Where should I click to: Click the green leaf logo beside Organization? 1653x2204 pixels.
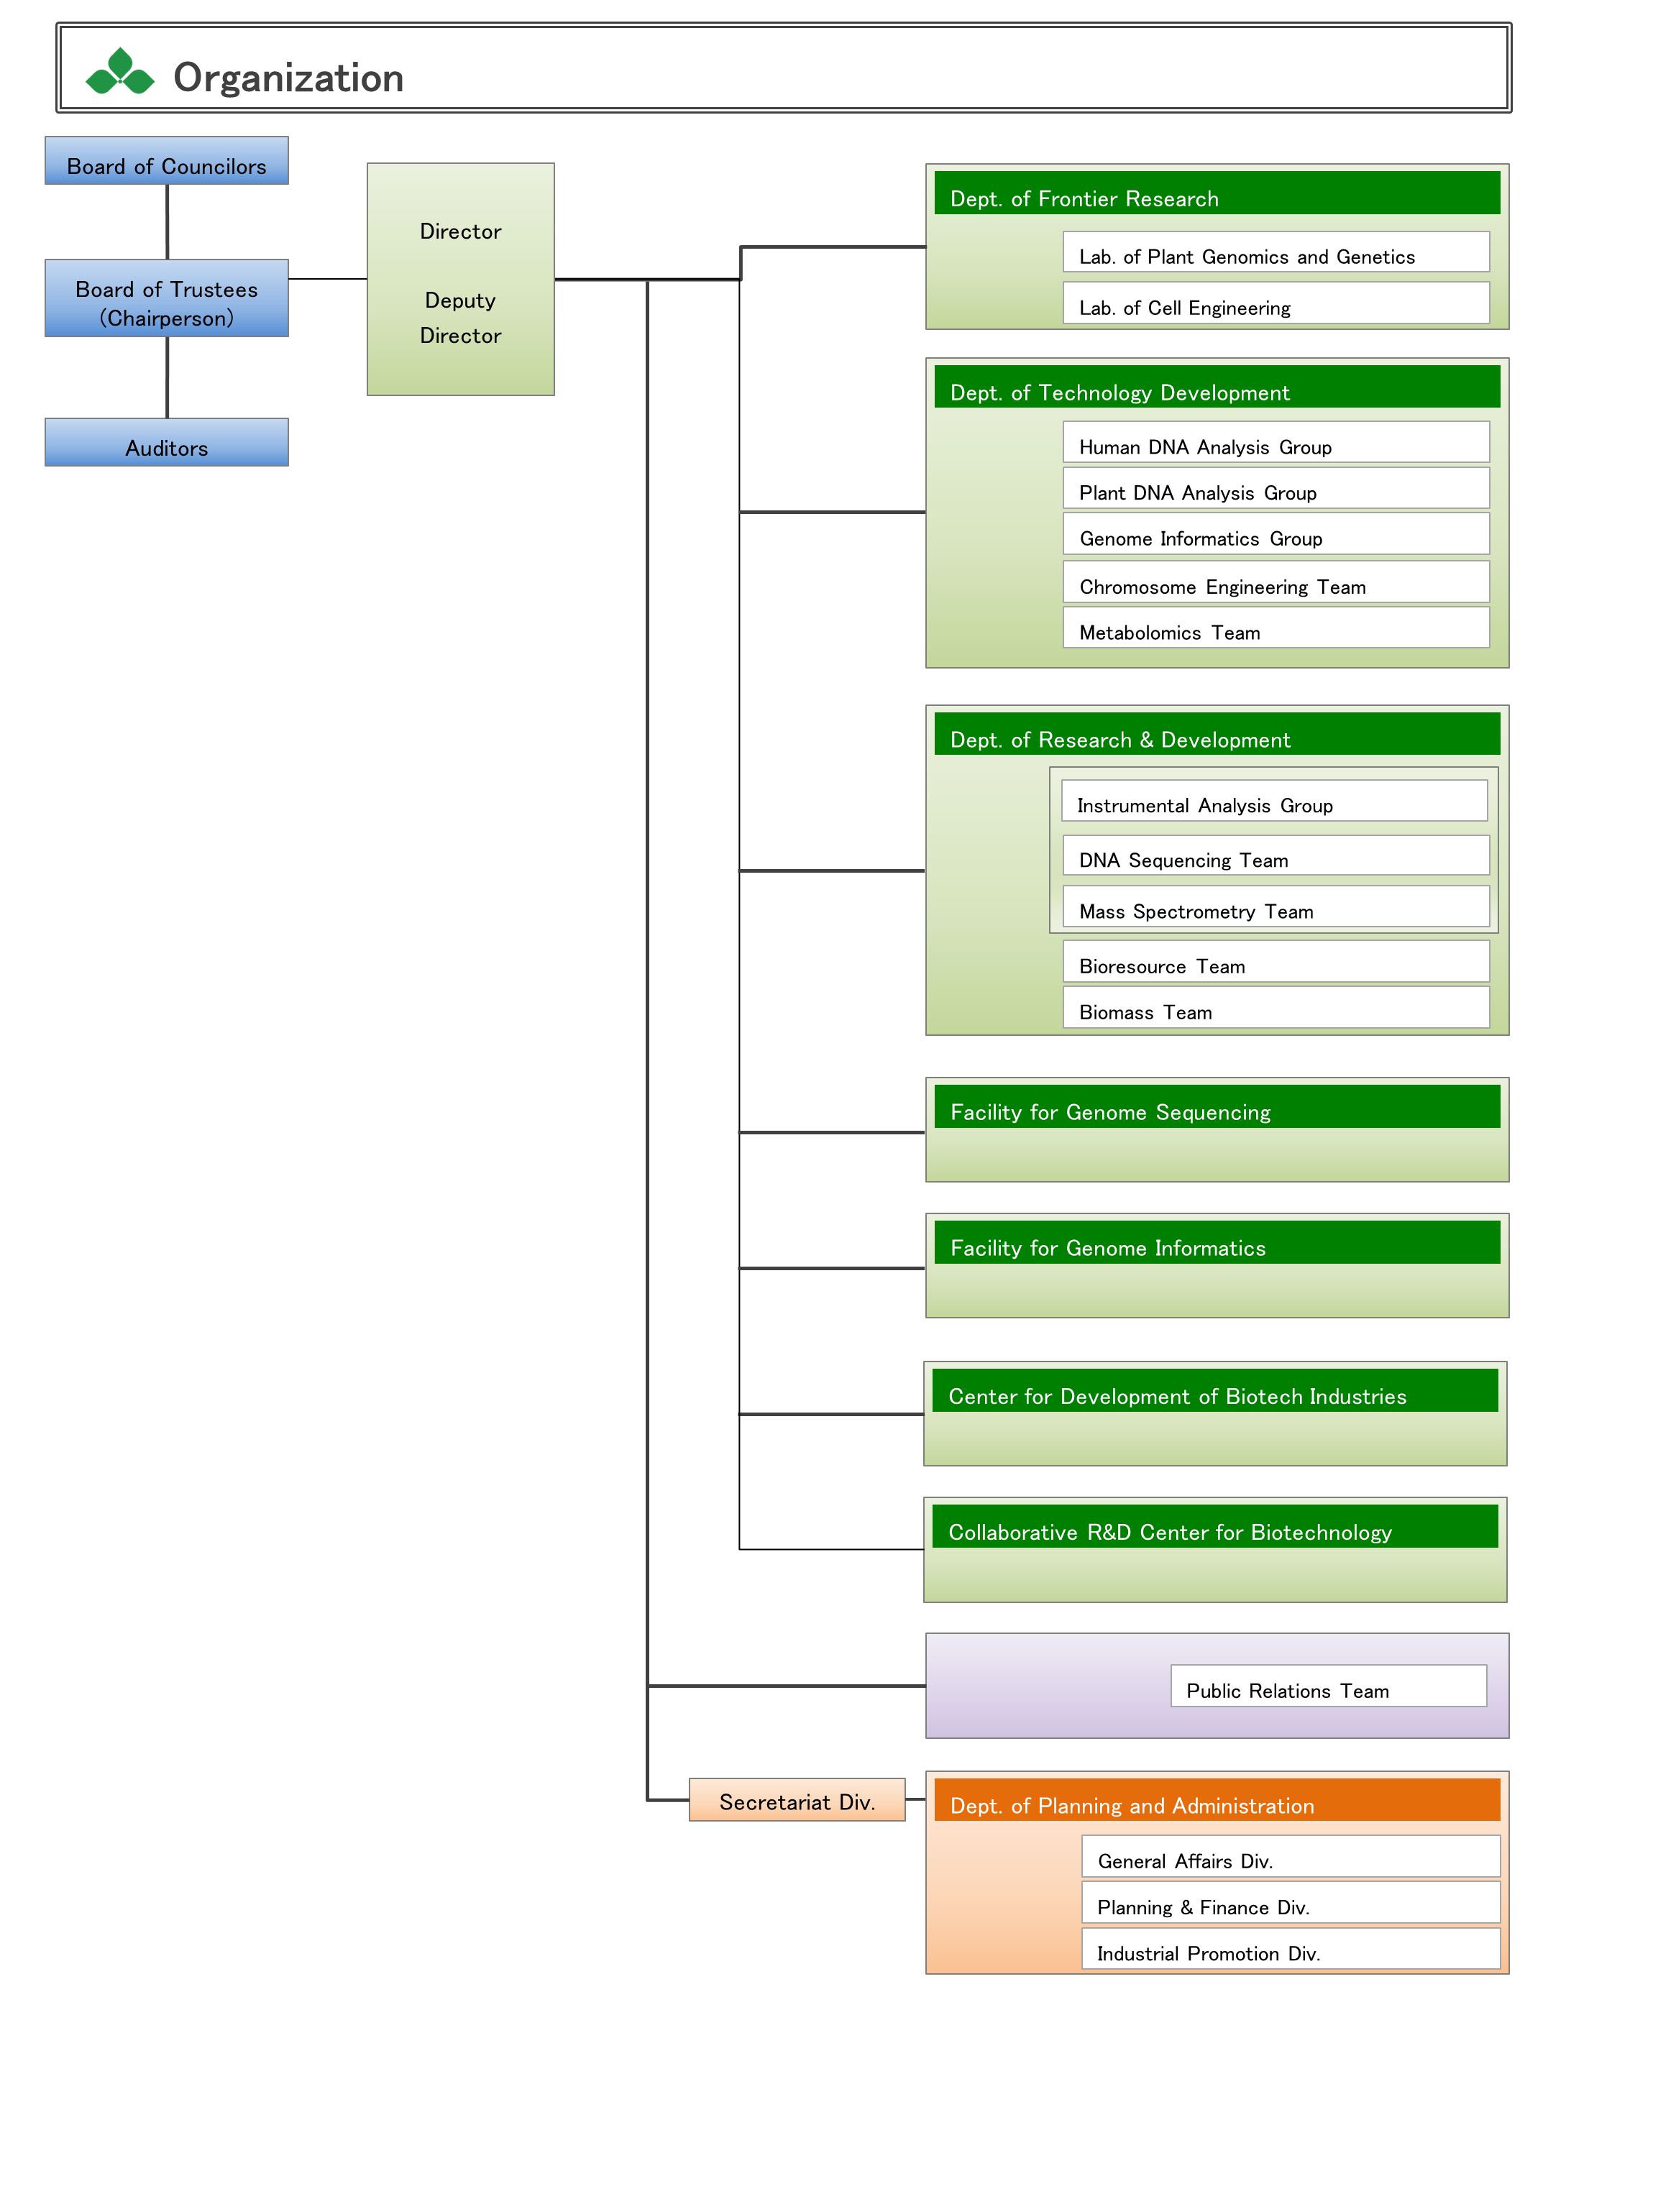click(x=119, y=73)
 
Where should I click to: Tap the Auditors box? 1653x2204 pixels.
click(x=166, y=442)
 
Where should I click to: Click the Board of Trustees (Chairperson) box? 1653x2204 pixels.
click(x=166, y=299)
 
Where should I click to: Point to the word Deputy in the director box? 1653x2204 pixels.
click(x=459, y=300)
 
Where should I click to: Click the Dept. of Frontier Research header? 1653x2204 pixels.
click(x=1216, y=194)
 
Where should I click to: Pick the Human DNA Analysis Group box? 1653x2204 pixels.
click(x=1276, y=442)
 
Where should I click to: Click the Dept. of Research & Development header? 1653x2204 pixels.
click(x=1216, y=735)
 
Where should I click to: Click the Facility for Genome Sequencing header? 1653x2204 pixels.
click(x=1216, y=1108)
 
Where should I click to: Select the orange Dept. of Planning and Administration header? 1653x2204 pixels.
click(x=1216, y=1801)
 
